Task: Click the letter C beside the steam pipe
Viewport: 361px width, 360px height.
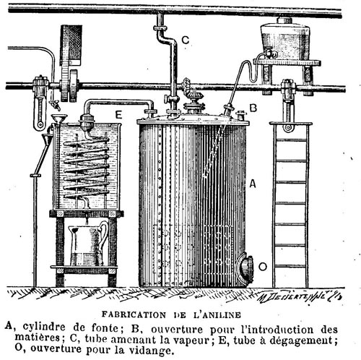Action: point(186,40)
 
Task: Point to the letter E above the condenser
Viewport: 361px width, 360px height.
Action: point(118,115)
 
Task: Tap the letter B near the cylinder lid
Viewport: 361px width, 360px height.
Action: point(253,108)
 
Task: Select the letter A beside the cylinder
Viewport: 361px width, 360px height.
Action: point(253,184)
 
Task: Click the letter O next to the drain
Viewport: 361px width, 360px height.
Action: point(263,267)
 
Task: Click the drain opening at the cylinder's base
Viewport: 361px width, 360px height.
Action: point(245,268)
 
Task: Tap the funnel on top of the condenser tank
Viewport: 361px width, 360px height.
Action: point(59,119)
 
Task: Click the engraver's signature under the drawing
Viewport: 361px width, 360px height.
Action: point(300,298)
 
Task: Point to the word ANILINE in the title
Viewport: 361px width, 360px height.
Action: point(222,315)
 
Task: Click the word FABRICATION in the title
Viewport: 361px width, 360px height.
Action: point(134,314)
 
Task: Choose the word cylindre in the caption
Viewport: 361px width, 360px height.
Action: point(44,327)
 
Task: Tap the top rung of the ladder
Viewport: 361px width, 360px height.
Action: point(291,140)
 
